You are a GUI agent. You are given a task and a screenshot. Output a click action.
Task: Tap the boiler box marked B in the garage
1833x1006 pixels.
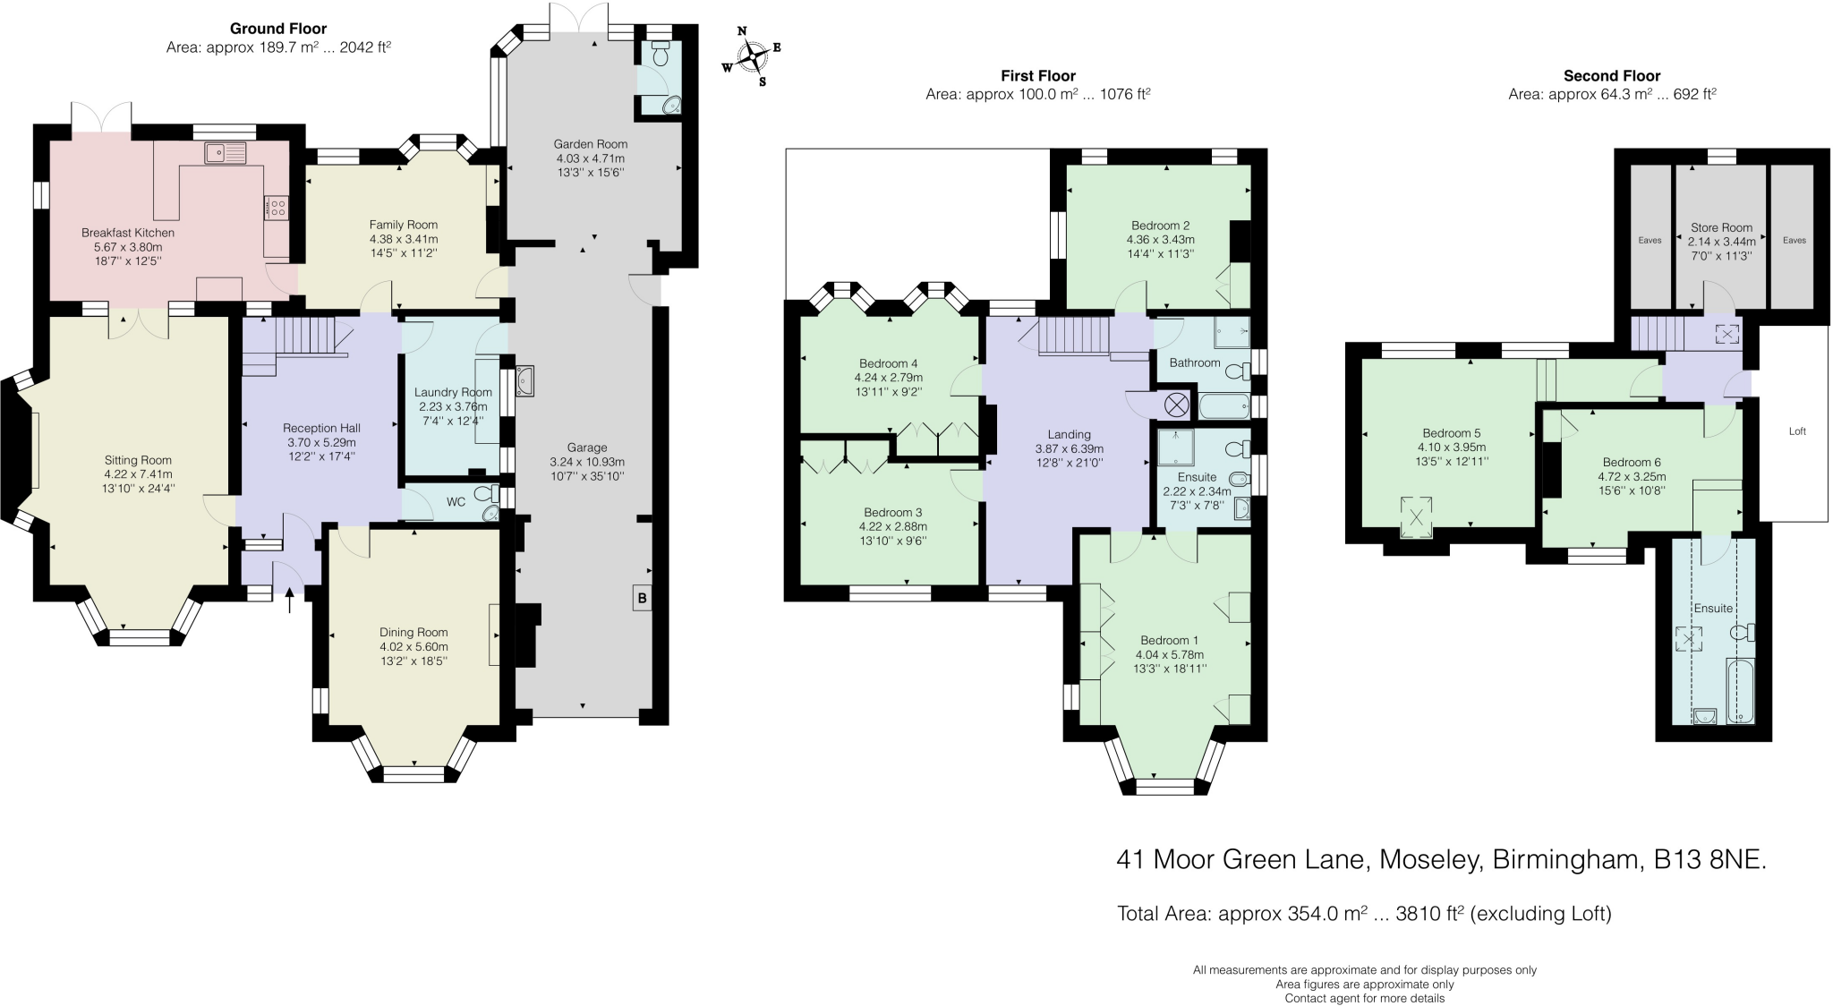(642, 598)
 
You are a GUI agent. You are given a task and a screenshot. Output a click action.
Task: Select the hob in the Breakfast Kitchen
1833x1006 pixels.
(277, 208)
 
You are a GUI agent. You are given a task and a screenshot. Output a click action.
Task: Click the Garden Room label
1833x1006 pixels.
(590, 144)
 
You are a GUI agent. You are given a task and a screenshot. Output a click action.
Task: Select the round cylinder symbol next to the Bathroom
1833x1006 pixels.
(1175, 405)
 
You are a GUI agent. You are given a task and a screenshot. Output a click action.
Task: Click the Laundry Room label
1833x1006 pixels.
(453, 392)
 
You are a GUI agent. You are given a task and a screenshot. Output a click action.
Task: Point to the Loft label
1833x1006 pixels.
(1797, 431)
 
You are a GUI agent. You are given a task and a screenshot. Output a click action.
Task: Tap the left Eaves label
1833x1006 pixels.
(1650, 240)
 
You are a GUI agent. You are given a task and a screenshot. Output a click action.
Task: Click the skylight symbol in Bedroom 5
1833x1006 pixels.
(1416, 517)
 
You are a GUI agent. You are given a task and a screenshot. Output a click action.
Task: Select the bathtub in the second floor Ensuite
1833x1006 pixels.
(1741, 691)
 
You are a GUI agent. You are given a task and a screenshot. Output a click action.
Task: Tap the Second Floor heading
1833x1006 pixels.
(1611, 76)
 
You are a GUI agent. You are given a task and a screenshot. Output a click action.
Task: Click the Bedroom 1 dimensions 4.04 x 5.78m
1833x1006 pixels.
(1169, 654)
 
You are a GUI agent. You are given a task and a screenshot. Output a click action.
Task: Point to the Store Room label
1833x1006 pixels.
(1721, 227)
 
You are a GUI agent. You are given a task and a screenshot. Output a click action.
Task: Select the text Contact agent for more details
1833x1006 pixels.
(1364, 998)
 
